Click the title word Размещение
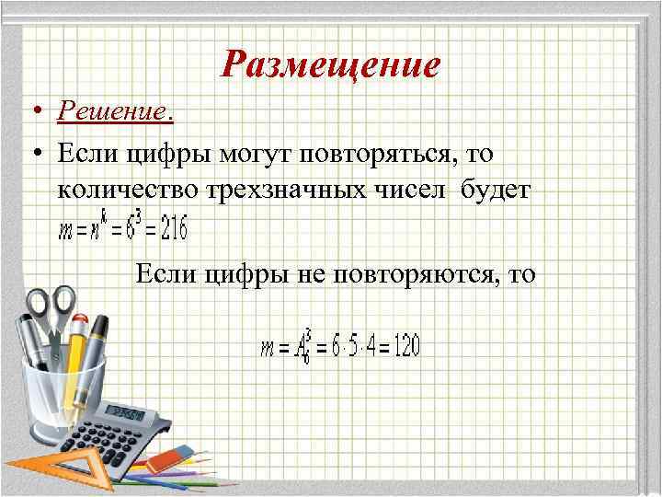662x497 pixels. click(331, 64)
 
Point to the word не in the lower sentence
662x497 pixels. click(314, 273)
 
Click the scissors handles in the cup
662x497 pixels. click(51, 304)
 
